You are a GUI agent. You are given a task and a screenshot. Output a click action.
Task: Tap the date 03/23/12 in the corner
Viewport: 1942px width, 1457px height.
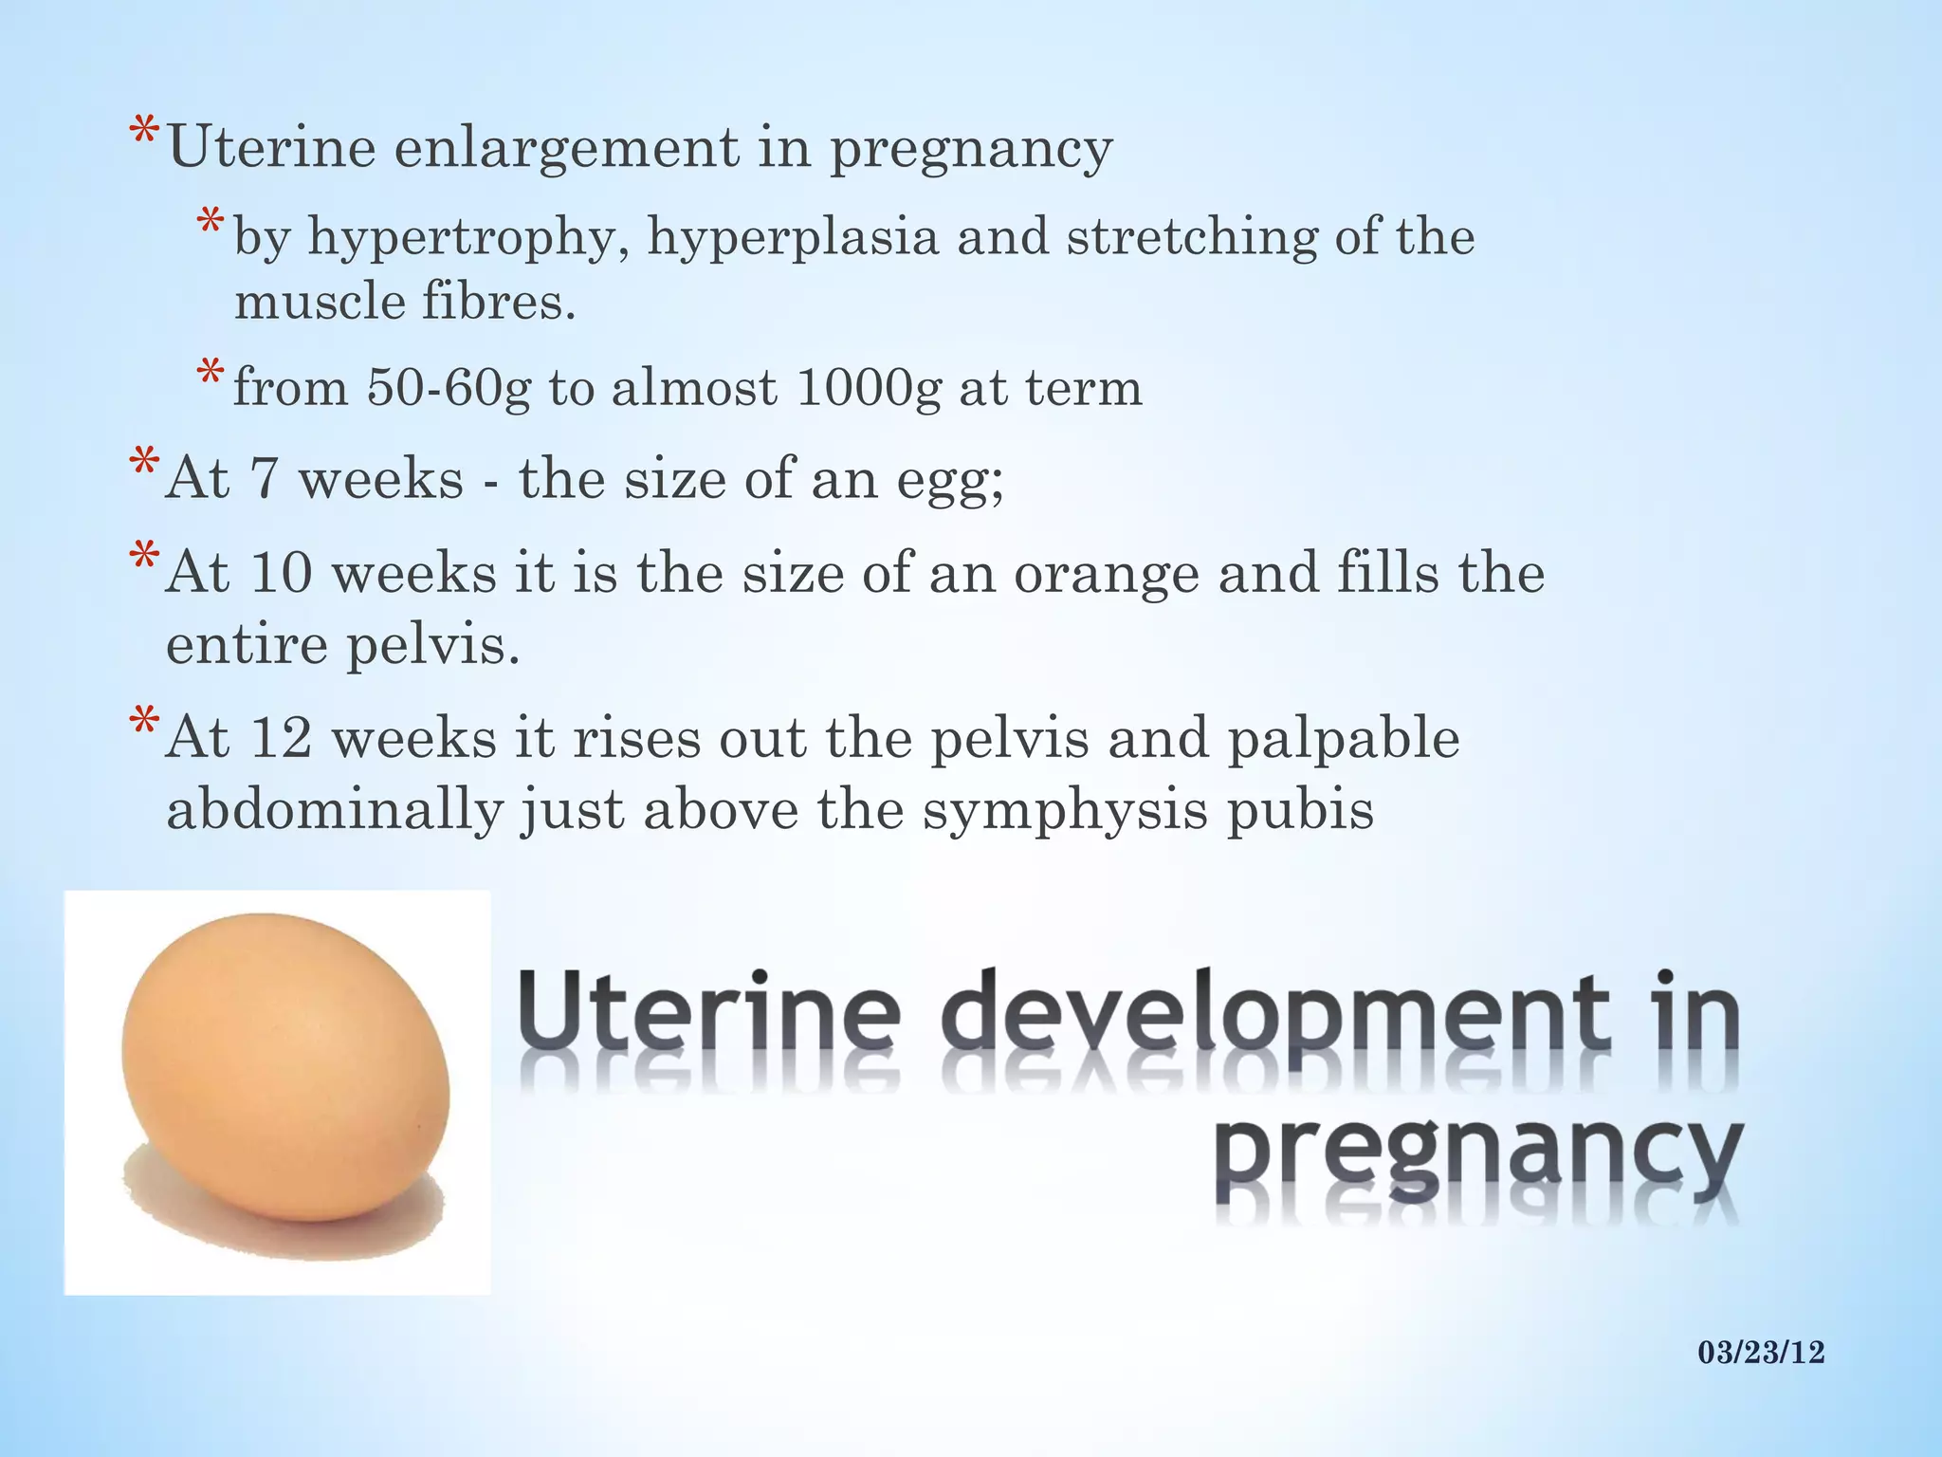[1761, 1352]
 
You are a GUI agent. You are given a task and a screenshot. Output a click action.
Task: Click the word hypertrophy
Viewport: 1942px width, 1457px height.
[461, 237]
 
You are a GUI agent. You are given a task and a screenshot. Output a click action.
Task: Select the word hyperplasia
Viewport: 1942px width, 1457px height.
[793, 237]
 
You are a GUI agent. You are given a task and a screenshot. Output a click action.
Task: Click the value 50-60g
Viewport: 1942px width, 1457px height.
[449, 387]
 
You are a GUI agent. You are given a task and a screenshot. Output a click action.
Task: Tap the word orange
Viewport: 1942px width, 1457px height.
[1106, 574]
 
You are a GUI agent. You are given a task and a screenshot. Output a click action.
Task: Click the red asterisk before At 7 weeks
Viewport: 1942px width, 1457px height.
[144, 466]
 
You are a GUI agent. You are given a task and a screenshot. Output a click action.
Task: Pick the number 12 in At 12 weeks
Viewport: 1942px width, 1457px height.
[281, 740]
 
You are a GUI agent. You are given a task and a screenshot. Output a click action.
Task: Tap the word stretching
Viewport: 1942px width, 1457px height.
[1191, 237]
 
